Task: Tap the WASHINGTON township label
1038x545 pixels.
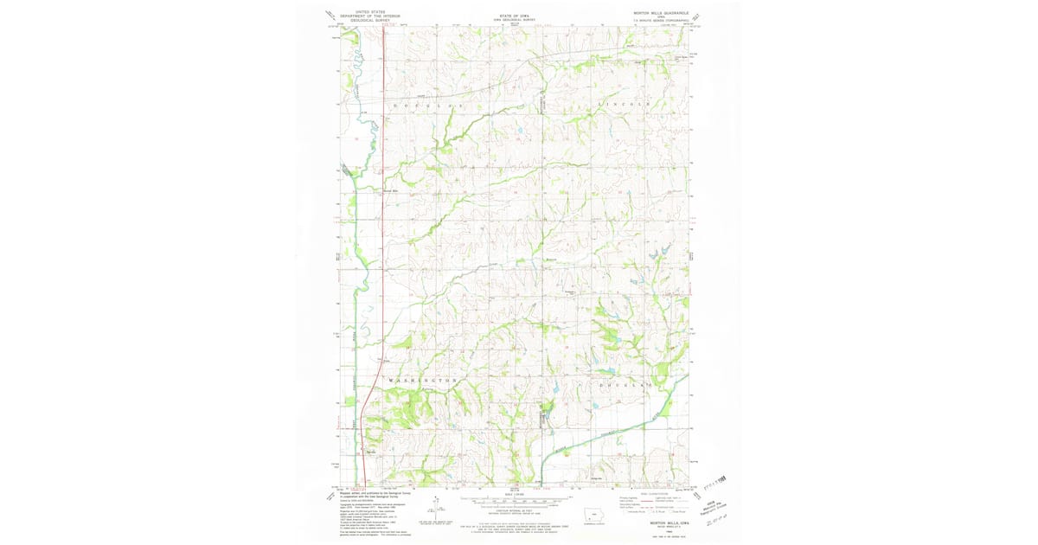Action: pyautogui.click(x=421, y=381)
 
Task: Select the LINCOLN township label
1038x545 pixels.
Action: pyautogui.click(x=622, y=104)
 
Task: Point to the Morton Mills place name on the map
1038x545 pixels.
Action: pyautogui.click(x=390, y=191)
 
